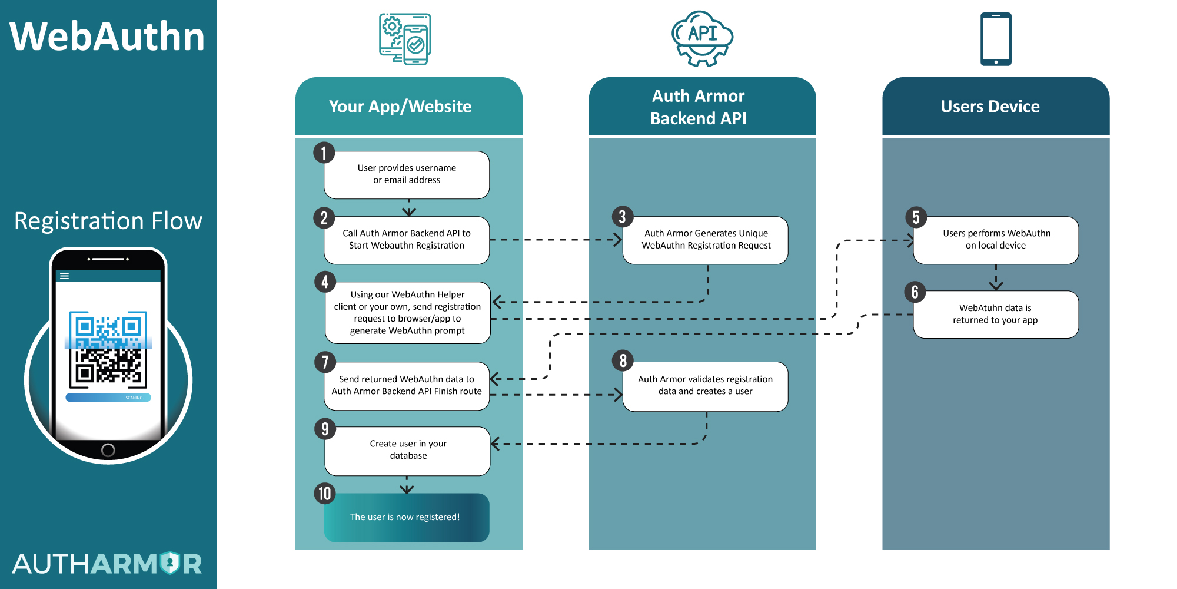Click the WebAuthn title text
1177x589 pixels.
pos(107,37)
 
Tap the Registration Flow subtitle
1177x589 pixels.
pos(108,221)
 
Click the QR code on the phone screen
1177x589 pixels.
pos(108,349)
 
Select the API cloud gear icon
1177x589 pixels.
pos(702,38)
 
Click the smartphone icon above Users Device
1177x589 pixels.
pos(996,39)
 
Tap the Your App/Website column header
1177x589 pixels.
pos(401,107)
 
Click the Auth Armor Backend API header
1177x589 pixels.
pos(699,107)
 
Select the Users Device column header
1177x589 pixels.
pos(990,107)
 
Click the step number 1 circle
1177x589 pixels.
pos(324,153)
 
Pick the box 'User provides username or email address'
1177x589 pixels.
pos(407,174)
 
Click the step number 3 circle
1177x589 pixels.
pos(622,217)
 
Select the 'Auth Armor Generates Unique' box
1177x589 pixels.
pos(706,240)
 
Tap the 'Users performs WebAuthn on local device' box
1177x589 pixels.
pos(996,240)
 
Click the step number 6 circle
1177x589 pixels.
pos(915,292)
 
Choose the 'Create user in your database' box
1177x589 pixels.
pos(408,450)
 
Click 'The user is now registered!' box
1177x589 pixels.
pos(406,517)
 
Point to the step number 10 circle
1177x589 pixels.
pos(325,494)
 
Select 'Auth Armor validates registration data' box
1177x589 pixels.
pos(705,386)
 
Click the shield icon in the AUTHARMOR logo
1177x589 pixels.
pos(170,563)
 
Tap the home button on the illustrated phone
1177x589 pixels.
pos(108,450)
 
